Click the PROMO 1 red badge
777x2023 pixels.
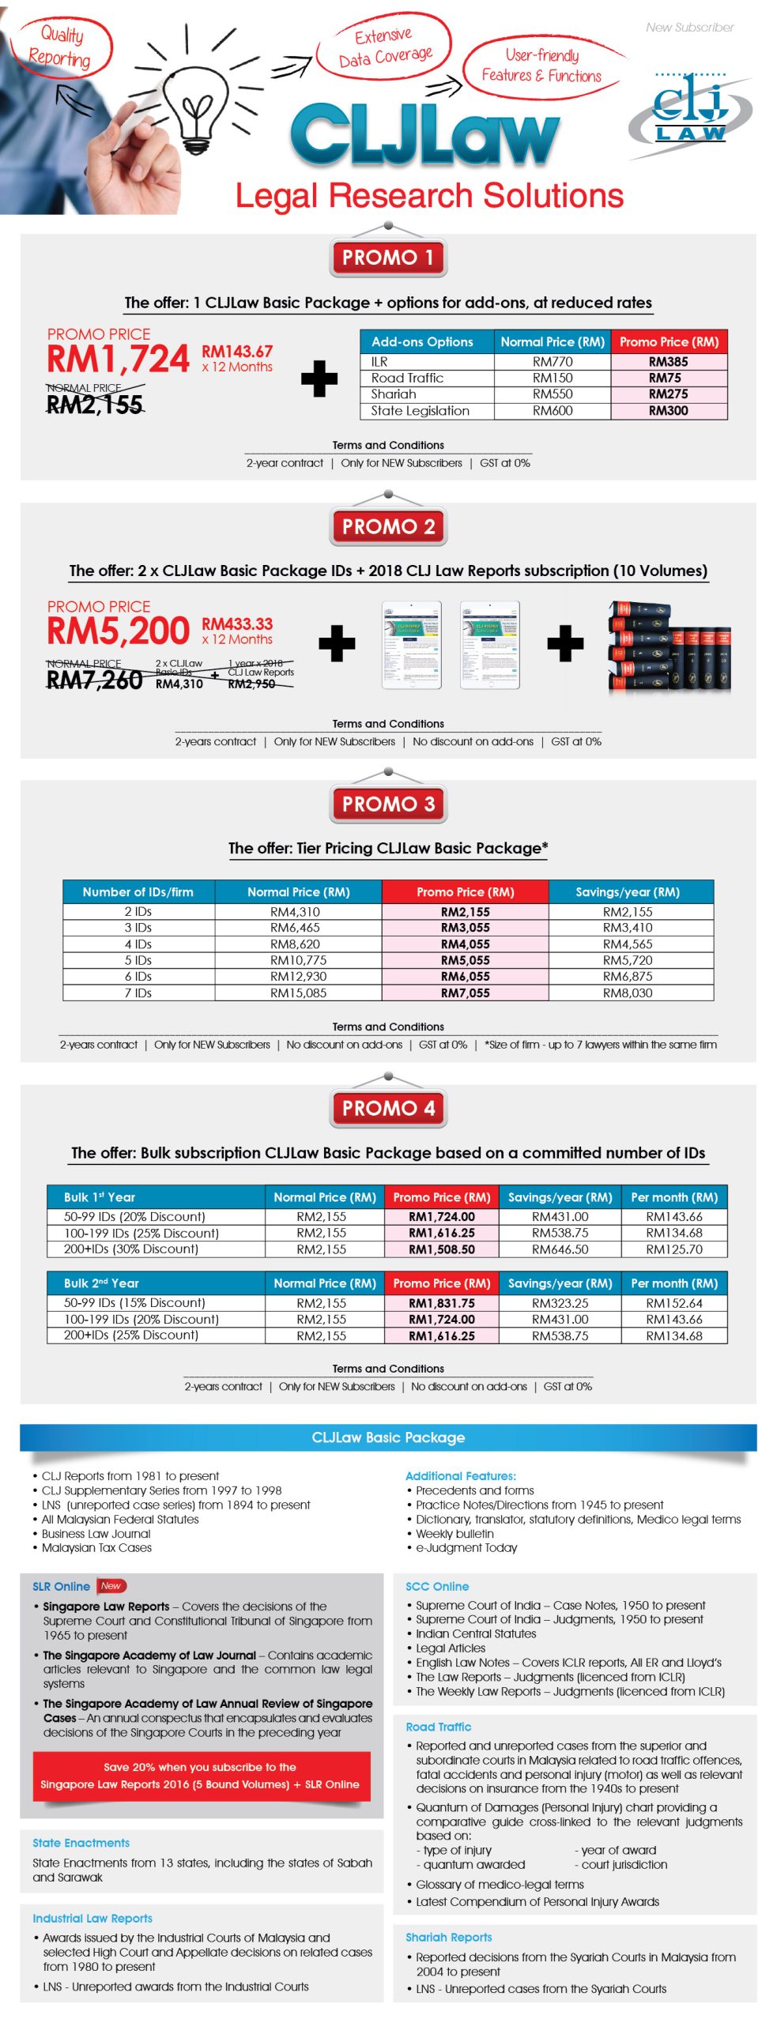click(x=388, y=258)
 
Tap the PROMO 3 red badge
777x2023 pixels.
click(x=388, y=804)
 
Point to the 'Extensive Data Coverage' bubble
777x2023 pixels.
click(x=385, y=47)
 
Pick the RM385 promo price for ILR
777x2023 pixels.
click(x=668, y=362)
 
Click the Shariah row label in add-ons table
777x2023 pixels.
click(x=394, y=394)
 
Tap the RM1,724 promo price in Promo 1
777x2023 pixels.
click(x=118, y=360)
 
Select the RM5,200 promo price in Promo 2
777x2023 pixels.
click(x=118, y=631)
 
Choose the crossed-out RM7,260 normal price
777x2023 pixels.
click(x=94, y=680)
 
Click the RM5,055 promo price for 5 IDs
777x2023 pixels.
click(x=465, y=960)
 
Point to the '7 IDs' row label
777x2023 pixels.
click(x=138, y=993)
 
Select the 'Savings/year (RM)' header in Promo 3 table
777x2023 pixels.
click(x=628, y=892)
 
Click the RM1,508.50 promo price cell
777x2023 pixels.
click(x=441, y=1249)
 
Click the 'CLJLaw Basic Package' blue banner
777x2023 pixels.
click(x=388, y=1437)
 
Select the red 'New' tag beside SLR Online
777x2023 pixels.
click(x=111, y=1586)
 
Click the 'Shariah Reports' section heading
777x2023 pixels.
click(x=448, y=1937)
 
